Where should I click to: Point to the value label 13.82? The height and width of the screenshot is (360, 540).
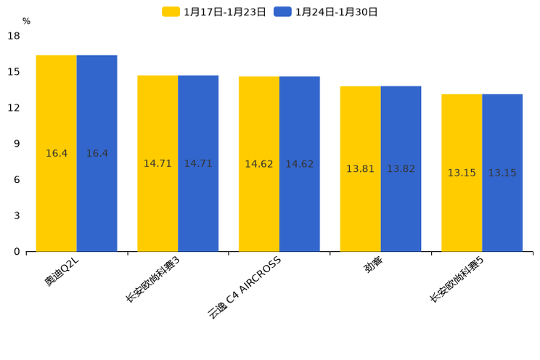coord(401,169)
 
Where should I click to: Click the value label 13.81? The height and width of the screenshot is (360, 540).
coord(360,169)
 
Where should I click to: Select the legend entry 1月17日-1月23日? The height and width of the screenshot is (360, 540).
coord(214,12)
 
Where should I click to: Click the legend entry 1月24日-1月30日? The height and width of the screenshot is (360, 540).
coord(326,12)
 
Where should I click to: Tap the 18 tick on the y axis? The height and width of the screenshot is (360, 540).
coord(14,36)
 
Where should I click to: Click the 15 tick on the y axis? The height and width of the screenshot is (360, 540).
coord(14,72)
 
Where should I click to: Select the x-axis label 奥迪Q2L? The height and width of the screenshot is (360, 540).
coord(62,273)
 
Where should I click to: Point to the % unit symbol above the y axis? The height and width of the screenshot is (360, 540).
coord(26,21)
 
